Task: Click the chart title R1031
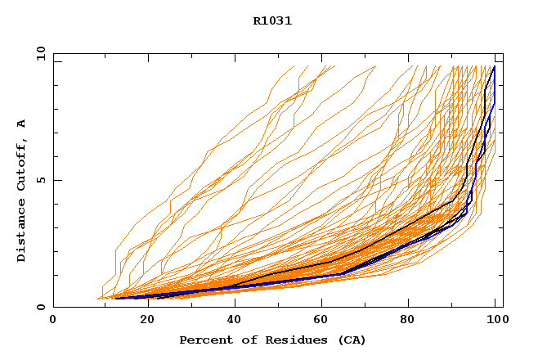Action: click(272, 21)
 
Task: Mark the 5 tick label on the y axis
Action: click(39, 180)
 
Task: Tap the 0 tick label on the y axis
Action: click(39, 307)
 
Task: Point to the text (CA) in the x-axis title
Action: click(351, 340)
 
